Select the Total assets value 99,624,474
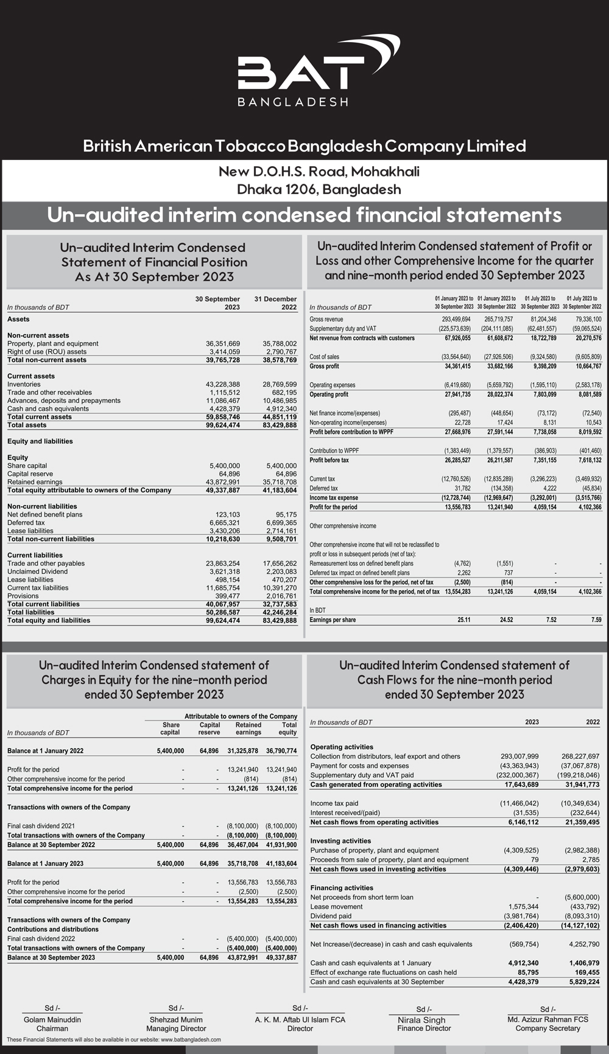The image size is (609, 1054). click(x=223, y=425)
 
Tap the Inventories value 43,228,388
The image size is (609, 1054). click(x=223, y=385)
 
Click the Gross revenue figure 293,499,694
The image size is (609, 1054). click(x=456, y=319)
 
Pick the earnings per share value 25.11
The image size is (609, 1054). click(x=463, y=620)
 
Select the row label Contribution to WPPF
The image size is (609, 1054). click(x=334, y=451)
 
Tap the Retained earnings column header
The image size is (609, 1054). click(x=248, y=728)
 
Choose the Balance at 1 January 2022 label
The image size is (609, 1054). click(x=46, y=751)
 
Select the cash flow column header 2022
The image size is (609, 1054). click(x=592, y=722)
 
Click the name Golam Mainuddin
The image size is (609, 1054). click(x=52, y=1020)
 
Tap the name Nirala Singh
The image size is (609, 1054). click(x=421, y=1020)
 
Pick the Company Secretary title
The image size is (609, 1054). click(x=547, y=1028)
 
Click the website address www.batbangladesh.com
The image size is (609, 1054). click(x=191, y=1040)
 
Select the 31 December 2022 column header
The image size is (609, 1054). click(x=275, y=303)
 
